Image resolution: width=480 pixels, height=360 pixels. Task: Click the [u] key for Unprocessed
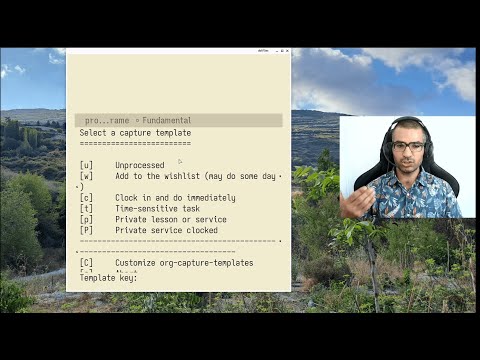point(86,165)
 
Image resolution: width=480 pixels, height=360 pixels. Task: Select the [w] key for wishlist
point(86,176)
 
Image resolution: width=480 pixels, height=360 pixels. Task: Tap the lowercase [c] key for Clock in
point(86,198)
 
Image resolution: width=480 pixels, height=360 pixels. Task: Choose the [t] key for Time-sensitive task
point(86,208)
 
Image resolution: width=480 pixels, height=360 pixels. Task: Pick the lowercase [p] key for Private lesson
point(86,219)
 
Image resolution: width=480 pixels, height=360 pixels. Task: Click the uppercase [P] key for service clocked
point(86,230)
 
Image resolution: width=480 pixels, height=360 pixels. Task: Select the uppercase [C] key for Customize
point(86,262)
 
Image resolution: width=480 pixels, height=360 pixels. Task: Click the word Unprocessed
point(140,165)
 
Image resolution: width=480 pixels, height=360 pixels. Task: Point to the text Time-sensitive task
point(158,208)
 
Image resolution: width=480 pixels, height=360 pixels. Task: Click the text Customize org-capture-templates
point(184,262)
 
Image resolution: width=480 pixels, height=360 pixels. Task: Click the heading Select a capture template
point(135,132)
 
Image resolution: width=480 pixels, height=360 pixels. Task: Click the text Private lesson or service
point(170,219)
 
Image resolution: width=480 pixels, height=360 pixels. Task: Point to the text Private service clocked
point(166,230)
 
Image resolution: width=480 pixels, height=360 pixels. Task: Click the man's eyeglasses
point(407,146)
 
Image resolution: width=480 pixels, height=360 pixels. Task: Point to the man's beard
point(408,164)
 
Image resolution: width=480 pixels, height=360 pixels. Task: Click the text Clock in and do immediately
point(175,198)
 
